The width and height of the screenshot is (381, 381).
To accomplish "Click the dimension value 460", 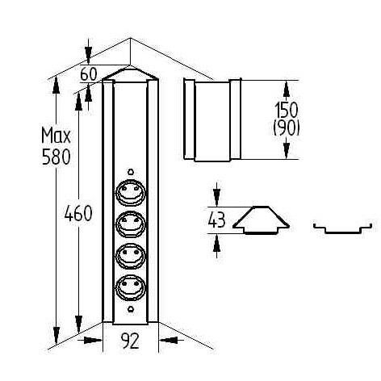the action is [78, 213].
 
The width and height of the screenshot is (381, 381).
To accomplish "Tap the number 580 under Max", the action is [56, 157].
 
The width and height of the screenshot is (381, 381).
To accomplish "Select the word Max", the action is [56, 136].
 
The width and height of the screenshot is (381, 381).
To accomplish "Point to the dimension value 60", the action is [89, 74].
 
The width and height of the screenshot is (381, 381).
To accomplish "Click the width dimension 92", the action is [130, 341].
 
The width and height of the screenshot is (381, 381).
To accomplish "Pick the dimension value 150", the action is [287, 110].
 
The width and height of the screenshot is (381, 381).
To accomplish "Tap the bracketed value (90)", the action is [287, 128].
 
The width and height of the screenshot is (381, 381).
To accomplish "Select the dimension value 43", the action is [216, 220].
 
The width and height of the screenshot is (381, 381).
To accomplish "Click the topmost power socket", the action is [131, 192].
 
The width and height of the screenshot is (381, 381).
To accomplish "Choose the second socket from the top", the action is [131, 224].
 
